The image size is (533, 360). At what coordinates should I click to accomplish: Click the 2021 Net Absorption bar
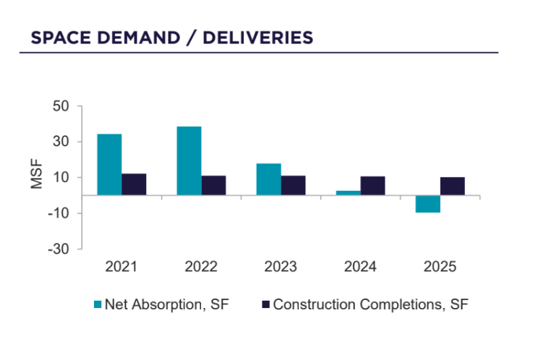coord(109,165)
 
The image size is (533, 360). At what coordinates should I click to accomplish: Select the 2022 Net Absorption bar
coord(189,160)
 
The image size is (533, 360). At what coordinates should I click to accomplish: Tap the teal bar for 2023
coord(268,179)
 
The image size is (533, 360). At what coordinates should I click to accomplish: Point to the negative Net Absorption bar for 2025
coord(428,204)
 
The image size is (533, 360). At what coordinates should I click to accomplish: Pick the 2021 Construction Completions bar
coord(134,184)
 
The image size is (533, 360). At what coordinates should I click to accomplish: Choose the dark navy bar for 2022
coord(213,185)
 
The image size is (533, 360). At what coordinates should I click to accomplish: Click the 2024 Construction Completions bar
coord(372,186)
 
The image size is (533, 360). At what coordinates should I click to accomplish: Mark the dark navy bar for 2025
coord(453,186)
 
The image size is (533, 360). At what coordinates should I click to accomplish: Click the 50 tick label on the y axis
coord(60,106)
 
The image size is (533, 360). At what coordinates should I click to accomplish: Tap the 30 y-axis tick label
coord(60,142)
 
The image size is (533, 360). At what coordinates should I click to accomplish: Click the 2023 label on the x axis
coord(281,267)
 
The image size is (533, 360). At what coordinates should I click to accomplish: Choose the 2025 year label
coord(440,267)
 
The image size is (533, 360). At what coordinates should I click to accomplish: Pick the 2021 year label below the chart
coord(121,267)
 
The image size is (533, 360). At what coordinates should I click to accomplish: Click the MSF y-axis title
coord(37,177)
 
